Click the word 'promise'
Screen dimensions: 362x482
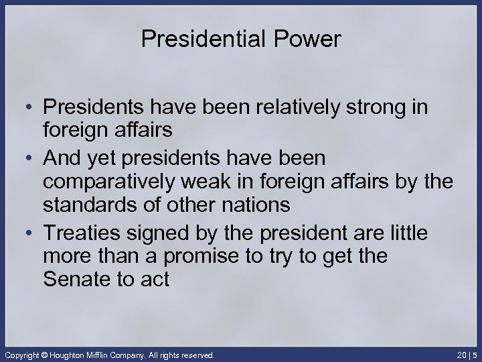181,257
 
